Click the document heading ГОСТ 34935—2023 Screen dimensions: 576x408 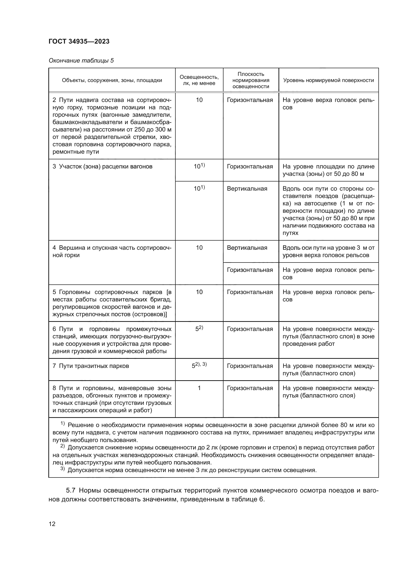click(79, 41)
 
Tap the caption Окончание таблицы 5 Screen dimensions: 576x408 click(81, 61)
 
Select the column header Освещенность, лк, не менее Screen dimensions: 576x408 click(199, 80)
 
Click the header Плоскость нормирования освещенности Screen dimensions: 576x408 click(251, 80)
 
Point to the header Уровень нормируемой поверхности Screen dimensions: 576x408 click(328, 80)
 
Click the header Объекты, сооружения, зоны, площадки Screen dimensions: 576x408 click(112, 80)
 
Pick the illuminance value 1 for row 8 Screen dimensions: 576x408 click(199, 388)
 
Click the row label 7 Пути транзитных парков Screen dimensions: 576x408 click(91, 366)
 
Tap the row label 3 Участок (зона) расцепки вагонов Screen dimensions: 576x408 click(102, 166)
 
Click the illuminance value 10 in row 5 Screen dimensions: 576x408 click(199, 292)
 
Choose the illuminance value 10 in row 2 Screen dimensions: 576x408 click(199, 100)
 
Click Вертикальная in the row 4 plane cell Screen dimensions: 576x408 click(247, 248)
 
